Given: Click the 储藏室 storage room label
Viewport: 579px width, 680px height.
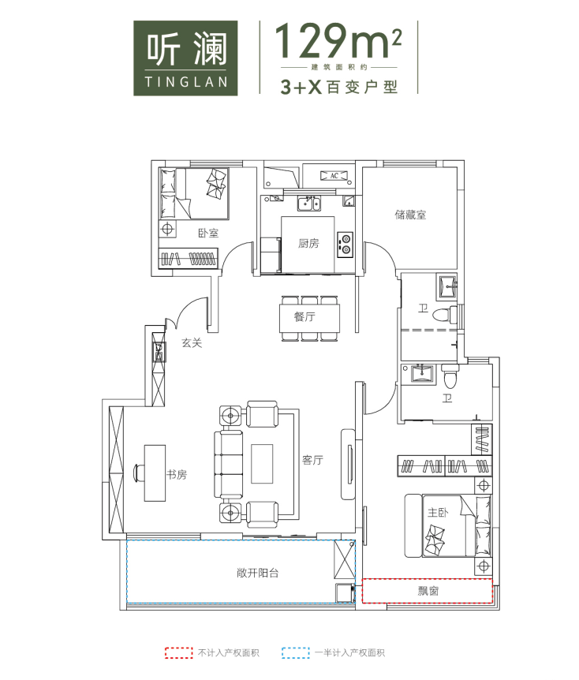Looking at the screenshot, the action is point(410,215).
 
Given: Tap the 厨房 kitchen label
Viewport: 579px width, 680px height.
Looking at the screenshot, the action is point(308,243).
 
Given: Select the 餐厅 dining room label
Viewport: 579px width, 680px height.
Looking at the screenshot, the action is point(304,316).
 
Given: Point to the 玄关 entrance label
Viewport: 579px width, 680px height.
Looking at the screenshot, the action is point(192,343).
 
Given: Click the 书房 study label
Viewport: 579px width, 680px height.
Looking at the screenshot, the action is point(177,475).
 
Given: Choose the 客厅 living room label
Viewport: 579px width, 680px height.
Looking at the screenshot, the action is point(312,460).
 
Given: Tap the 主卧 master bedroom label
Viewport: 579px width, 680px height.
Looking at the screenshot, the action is point(438,513).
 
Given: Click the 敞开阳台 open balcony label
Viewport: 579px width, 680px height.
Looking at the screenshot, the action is point(258,573).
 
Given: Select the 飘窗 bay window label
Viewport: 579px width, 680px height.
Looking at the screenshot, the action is point(428,591).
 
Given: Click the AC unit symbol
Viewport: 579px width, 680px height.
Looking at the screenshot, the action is point(334,176).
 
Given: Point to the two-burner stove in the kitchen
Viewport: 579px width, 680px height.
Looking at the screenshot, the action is point(346,245).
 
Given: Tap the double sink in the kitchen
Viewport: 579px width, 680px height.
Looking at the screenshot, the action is point(308,204).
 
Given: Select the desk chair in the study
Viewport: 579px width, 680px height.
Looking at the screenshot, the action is point(138,473).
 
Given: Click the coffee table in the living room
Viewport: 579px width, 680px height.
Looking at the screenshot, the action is point(262,464).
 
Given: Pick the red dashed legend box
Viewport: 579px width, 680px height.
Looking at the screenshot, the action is point(179,652).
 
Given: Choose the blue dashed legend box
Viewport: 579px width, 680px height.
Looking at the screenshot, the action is point(295,652).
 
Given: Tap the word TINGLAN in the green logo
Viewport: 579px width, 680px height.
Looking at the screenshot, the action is point(186,82).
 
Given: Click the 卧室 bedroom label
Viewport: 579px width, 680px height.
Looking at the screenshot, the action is point(208,233).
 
